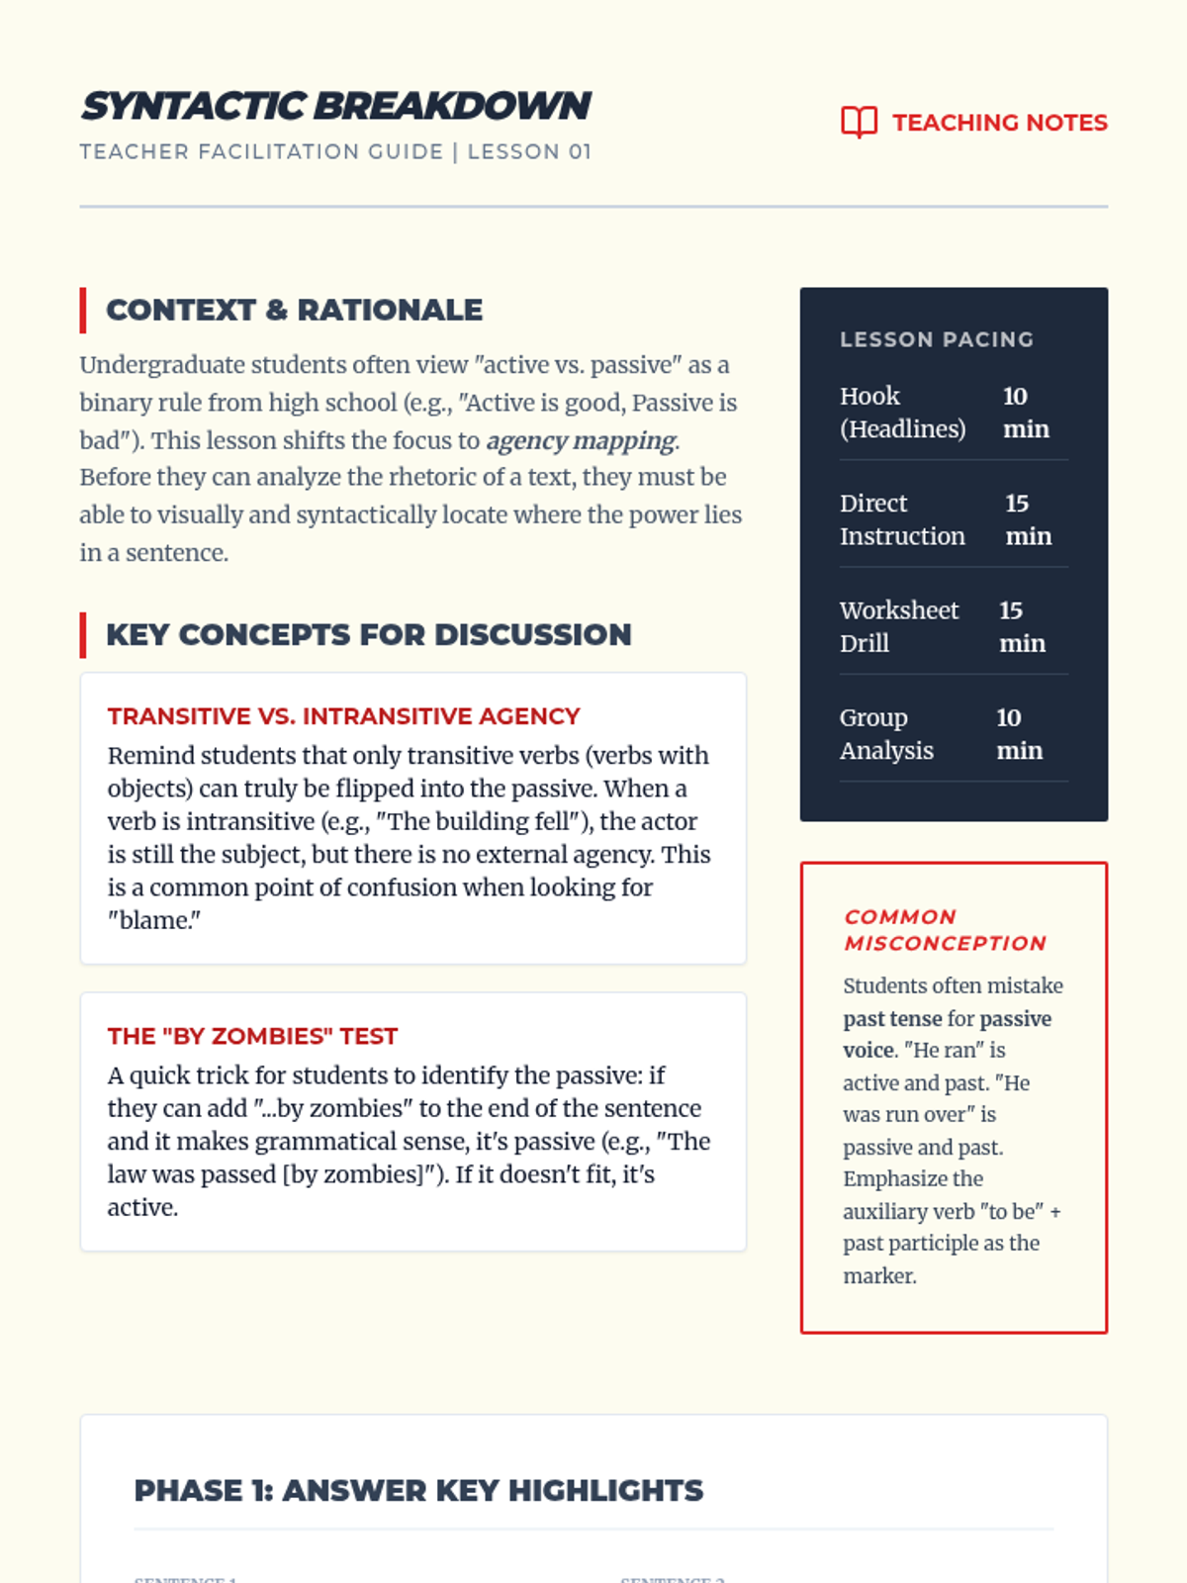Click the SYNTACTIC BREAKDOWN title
coord(335,106)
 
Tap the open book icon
coord(859,122)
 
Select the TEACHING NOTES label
coord(999,123)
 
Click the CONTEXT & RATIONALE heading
coord(294,311)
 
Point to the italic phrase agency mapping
coord(582,440)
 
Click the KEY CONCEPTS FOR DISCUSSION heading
coord(368,635)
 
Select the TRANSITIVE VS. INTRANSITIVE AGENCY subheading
coord(343,716)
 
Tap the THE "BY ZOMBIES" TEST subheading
coord(252,1036)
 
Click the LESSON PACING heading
coord(936,339)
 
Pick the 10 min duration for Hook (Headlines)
coord(1025,413)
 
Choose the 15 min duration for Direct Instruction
coord(1028,519)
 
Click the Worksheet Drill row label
coord(898,626)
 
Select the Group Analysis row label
coord(886,733)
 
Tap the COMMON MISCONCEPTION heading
coord(945,930)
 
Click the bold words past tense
coord(891,1019)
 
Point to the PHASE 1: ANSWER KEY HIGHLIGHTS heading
coord(418,1491)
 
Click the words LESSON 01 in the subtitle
coord(529,152)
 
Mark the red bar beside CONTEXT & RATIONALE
coord(83,311)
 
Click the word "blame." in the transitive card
coord(154,921)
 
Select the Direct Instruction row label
coord(901,519)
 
